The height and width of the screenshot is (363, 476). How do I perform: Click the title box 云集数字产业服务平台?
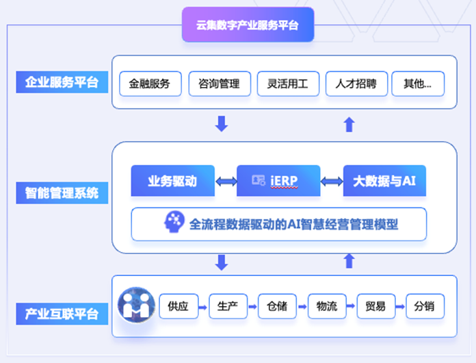[x=248, y=25]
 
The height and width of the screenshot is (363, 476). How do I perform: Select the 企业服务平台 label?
[x=62, y=83]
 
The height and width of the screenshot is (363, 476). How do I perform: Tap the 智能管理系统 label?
[x=62, y=193]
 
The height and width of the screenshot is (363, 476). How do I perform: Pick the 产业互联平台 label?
[x=62, y=314]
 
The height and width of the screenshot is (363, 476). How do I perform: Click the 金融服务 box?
[x=150, y=84]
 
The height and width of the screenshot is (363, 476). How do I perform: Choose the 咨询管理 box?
[x=219, y=84]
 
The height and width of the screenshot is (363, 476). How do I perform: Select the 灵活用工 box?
[x=287, y=84]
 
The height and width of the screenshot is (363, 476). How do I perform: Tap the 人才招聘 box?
[x=356, y=84]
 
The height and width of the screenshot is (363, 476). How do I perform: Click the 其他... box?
[x=417, y=84]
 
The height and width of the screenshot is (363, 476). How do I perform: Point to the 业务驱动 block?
[x=172, y=181]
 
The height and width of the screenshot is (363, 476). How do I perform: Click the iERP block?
[x=278, y=181]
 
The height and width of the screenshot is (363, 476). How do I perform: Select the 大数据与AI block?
[x=384, y=181]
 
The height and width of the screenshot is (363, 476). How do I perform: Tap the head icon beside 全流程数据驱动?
[x=175, y=223]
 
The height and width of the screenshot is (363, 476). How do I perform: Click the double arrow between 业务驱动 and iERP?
[x=226, y=181]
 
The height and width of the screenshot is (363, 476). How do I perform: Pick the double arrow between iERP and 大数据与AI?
[x=332, y=181]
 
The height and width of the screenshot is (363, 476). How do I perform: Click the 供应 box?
[x=178, y=306]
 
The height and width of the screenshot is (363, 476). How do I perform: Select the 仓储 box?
[x=277, y=306]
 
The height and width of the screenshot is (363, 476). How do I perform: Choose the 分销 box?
[x=425, y=306]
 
